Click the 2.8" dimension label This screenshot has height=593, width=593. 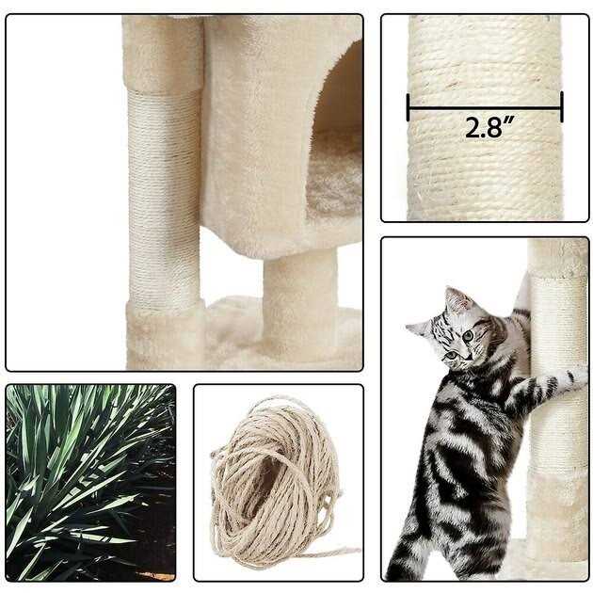pyautogui.click(x=489, y=127)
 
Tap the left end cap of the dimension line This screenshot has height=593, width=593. pyautogui.click(x=409, y=108)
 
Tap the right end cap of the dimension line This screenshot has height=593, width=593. pyautogui.click(x=562, y=107)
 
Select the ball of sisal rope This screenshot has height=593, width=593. pyautogui.click(x=275, y=481)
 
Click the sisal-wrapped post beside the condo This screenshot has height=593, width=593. pyautogui.click(x=164, y=197)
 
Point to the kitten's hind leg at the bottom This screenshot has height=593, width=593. pyautogui.click(x=412, y=545)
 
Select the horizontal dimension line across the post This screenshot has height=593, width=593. pyautogui.click(x=485, y=108)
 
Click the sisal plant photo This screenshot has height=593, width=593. pyautogui.click(x=90, y=483)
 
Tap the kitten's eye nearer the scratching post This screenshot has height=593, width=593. pyautogui.click(x=469, y=335)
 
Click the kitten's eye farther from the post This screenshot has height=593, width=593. pyautogui.click(x=451, y=355)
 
